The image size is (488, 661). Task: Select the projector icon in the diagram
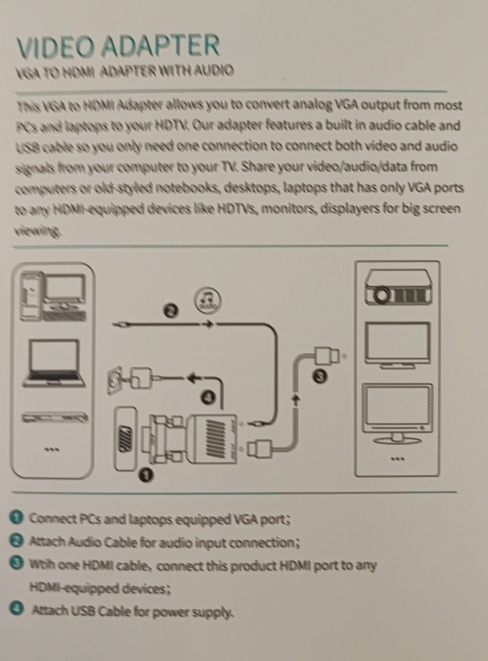coord(398,287)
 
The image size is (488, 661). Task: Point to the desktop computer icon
coord(53,296)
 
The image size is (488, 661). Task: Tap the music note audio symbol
coord(207,300)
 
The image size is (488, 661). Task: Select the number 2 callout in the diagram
coord(171,311)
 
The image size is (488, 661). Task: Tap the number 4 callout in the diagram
coord(208,397)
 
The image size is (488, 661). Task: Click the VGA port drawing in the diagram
coord(125,439)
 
